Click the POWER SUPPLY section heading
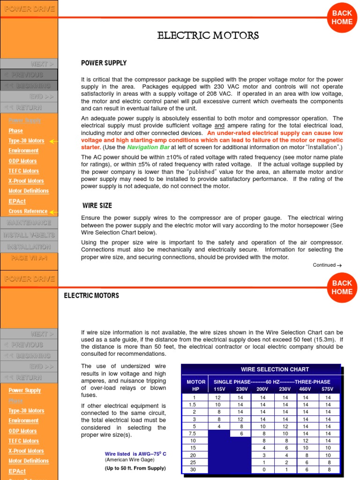click(x=104, y=63)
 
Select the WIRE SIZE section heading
click(x=97, y=205)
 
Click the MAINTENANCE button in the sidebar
click(x=29, y=223)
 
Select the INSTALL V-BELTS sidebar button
click(x=29, y=235)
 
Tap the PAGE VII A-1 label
click(x=29, y=258)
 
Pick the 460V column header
click(x=305, y=389)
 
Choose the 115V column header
click(x=219, y=389)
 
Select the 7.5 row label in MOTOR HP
click(x=192, y=434)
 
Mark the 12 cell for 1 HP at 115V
click(x=218, y=397)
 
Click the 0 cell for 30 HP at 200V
click(x=264, y=470)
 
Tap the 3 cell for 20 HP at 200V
click(x=264, y=455)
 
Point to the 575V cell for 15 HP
click(x=328, y=448)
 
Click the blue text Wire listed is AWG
click(x=135, y=454)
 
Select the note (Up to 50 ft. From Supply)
click(x=135, y=468)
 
